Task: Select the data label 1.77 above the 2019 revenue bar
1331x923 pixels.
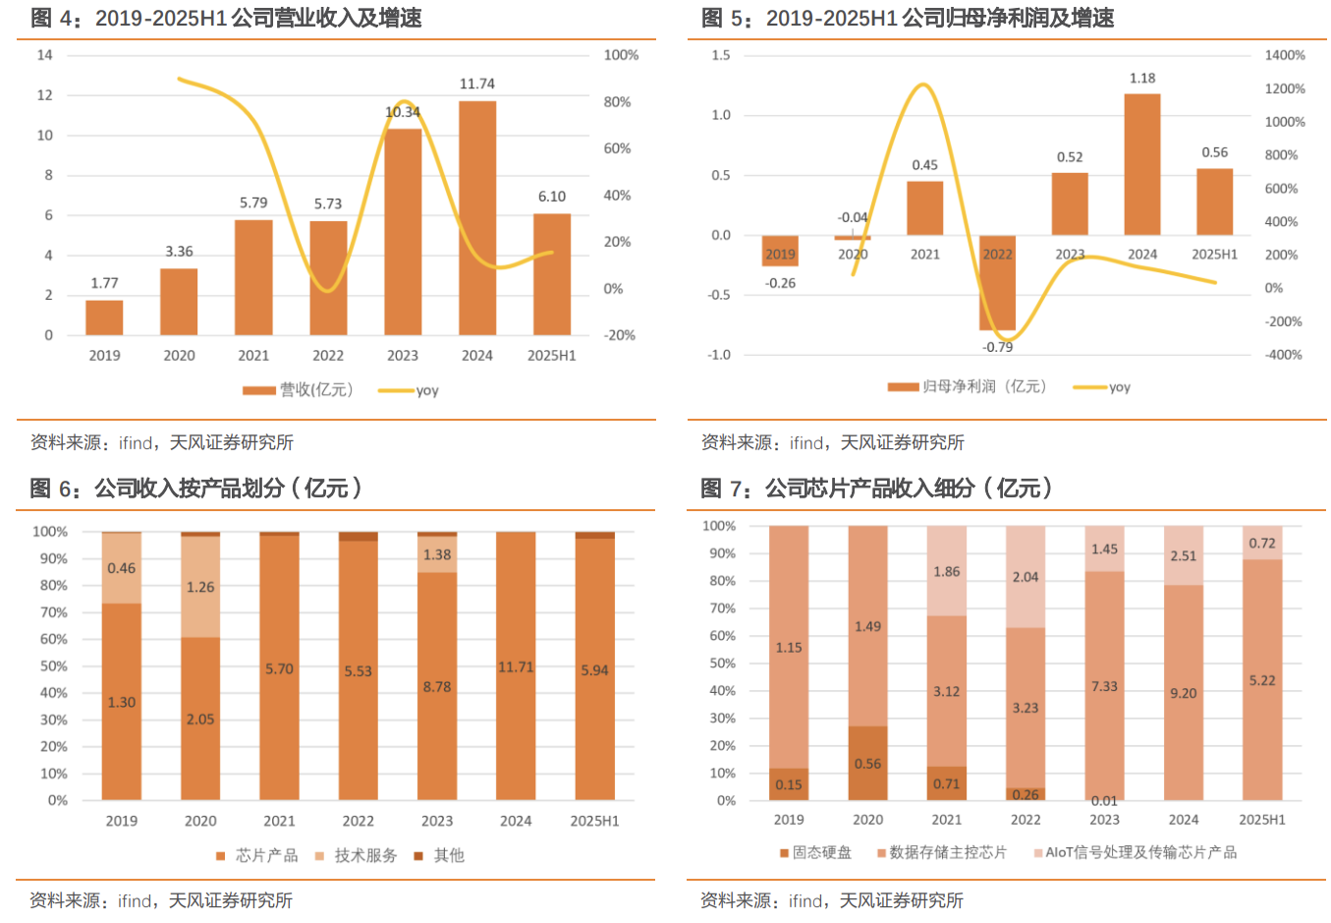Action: [104, 283]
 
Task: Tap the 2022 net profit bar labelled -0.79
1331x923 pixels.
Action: [997, 285]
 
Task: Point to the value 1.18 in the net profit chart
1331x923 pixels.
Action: [1142, 79]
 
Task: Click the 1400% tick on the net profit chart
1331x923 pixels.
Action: [1285, 55]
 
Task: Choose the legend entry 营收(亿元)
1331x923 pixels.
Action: [299, 390]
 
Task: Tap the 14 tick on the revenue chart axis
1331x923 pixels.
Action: [45, 55]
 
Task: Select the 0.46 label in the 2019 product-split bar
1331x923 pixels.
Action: [122, 568]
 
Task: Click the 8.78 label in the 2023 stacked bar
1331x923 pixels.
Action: [437, 687]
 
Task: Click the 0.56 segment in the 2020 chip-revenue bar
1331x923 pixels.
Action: [867, 764]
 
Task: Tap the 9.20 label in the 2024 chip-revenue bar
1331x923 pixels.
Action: [1184, 694]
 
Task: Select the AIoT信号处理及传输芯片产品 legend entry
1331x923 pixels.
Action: [1136, 852]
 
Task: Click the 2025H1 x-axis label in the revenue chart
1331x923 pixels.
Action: [552, 356]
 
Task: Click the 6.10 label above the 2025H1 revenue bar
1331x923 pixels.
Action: [552, 197]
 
